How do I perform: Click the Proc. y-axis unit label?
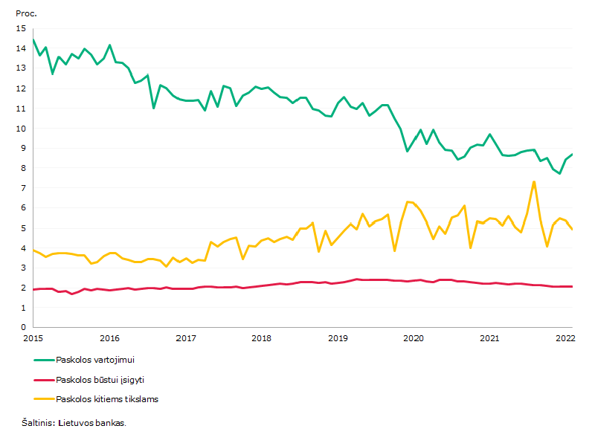tap(26, 13)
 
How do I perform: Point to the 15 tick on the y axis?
tap(22, 28)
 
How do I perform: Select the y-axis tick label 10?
tap(22, 129)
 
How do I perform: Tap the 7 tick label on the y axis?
tap(24, 188)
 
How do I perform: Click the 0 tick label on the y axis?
tap(24, 327)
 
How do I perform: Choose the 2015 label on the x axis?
tap(33, 338)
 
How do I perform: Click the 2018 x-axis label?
tap(262, 338)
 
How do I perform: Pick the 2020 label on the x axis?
tap(414, 338)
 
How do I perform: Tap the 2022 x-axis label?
tap(565, 338)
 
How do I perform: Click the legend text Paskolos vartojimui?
tap(95, 360)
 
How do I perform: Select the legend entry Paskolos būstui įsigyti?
tap(100, 380)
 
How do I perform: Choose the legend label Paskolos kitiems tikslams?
tap(107, 399)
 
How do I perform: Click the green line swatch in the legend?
tap(44, 360)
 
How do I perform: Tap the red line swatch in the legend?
tap(44, 380)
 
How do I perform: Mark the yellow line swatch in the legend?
tap(44, 399)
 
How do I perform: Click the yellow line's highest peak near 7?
tap(534, 182)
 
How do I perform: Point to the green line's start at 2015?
tap(33, 39)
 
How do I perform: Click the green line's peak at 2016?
tap(109, 45)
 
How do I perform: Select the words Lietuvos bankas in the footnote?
tap(92, 423)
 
